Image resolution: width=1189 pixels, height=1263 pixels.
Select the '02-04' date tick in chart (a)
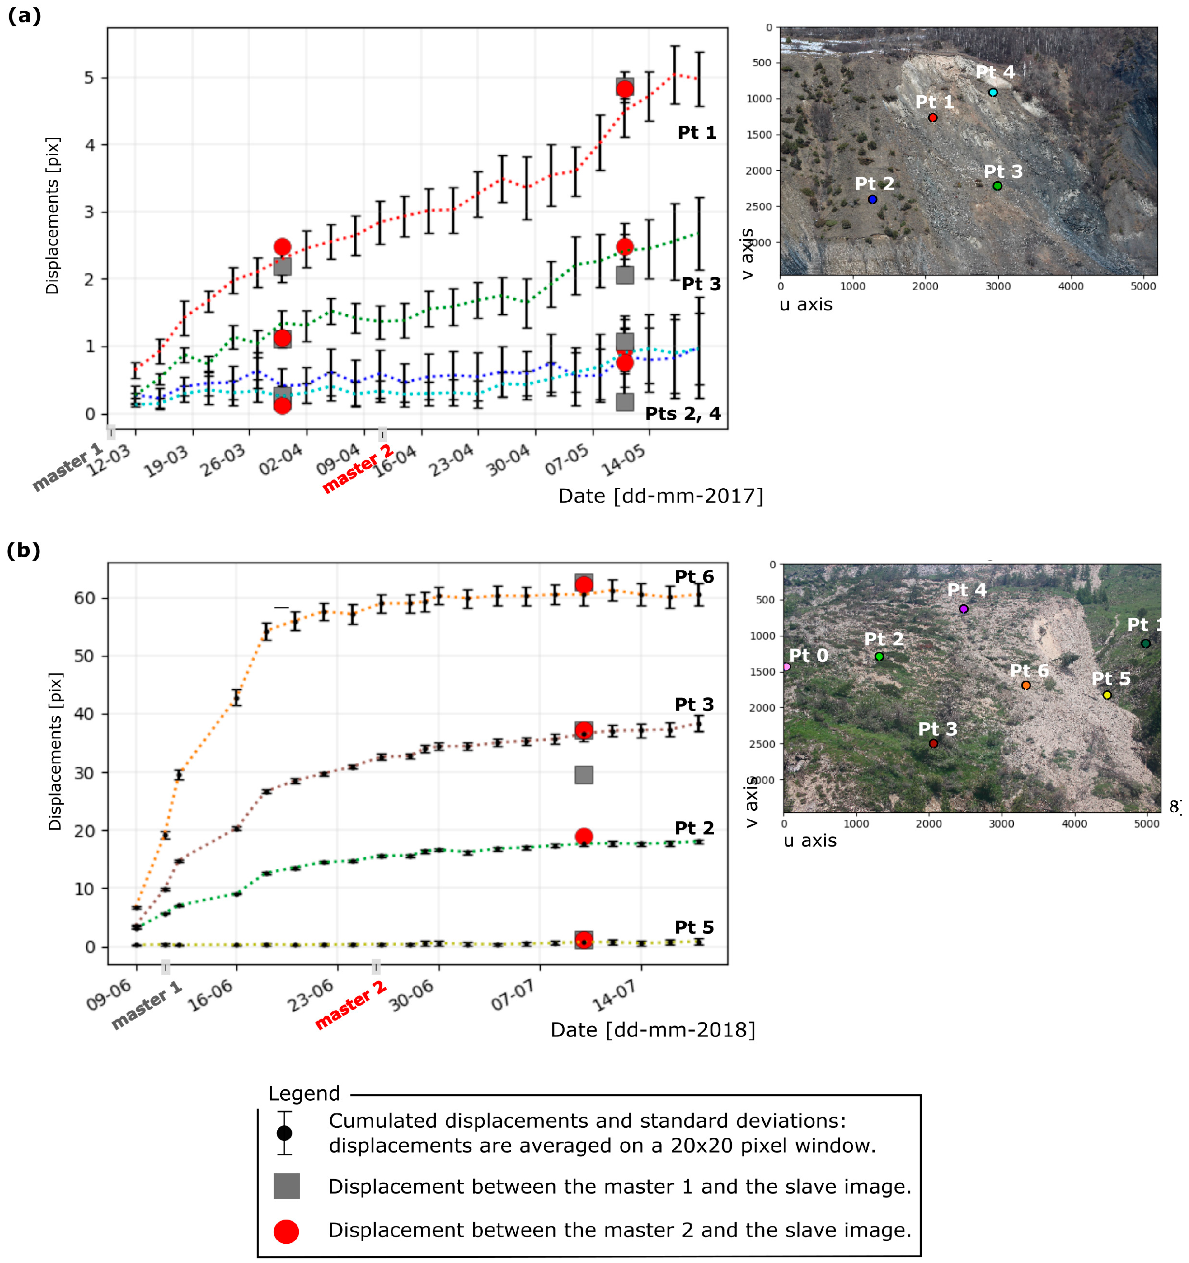pos(280,460)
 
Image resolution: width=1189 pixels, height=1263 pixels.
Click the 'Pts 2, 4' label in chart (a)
pos(682,414)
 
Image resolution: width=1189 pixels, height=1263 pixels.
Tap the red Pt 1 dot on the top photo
pos(932,118)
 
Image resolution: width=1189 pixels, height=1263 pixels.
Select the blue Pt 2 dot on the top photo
pos(872,199)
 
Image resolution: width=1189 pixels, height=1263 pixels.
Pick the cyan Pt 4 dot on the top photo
pos(993,93)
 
